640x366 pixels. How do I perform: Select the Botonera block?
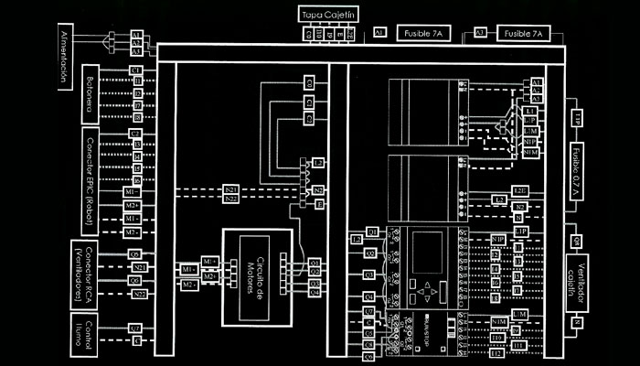point(91,93)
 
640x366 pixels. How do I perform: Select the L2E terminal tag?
point(520,190)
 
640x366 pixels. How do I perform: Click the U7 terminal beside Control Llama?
point(134,327)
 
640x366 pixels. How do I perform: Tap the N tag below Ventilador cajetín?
point(577,322)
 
